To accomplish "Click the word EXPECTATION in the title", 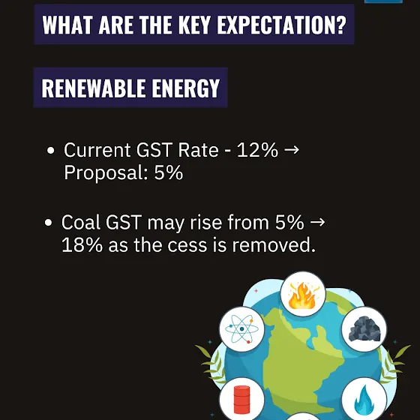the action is (281, 25).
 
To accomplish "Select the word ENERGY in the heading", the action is (186, 88).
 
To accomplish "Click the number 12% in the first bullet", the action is (257, 150).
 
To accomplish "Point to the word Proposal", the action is (104, 173).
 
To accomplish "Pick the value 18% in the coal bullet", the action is (82, 244).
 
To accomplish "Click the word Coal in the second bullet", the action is (81, 222).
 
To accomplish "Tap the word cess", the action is (187, 245).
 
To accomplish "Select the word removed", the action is (274, 244).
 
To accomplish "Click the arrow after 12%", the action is (292, 150).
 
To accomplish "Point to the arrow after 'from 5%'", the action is (317, 222).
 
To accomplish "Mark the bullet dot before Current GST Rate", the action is (50, 151).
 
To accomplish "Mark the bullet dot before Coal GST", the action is (48, 223).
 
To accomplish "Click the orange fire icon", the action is (303, 295).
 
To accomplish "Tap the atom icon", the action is (241, 328).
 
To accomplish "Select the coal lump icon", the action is (364, 328).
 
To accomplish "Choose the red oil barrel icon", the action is (241, 400).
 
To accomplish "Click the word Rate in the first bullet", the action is (198, 150).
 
